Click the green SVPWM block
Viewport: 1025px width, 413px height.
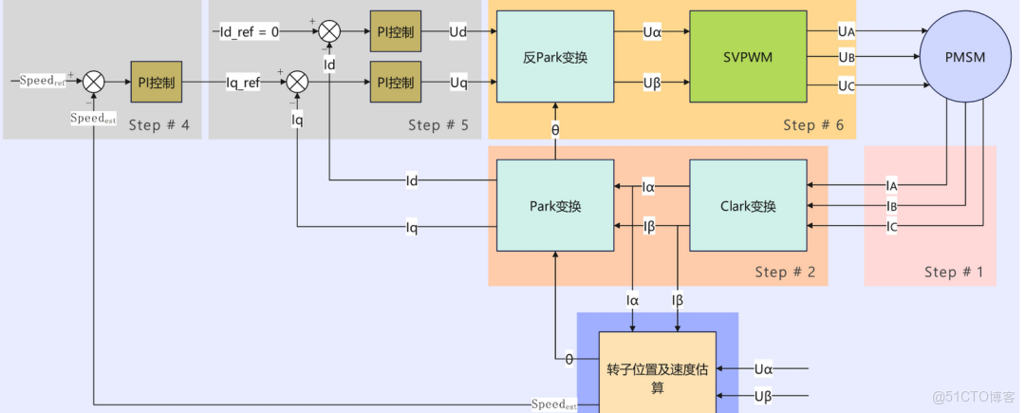coord(748,57)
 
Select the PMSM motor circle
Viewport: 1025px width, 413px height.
coord(966,58)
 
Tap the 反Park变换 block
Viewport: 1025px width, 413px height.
coord(555,57)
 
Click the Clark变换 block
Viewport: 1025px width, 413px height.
coord(747,206)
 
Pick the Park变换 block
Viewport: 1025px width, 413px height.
coord(555,206)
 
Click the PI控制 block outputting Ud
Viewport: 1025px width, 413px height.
coord(393,32)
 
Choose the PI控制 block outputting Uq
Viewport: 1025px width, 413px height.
coord(393,82)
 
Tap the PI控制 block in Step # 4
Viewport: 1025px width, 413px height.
coord(156,83)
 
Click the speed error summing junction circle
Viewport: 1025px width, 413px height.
coord(93,83)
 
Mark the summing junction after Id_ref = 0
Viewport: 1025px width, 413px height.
coord(328,32)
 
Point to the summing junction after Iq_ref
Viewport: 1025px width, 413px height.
coord(297,83)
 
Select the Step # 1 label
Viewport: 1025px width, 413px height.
coord(954,272)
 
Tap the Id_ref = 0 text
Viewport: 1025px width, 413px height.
coord(250,32)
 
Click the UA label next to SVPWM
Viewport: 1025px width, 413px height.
coord(847,32)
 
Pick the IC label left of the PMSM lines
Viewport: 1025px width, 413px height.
coord(891,226)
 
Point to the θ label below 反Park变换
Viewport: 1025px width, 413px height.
coord(555,129)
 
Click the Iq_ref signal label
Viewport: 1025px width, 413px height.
coord(243,83)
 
